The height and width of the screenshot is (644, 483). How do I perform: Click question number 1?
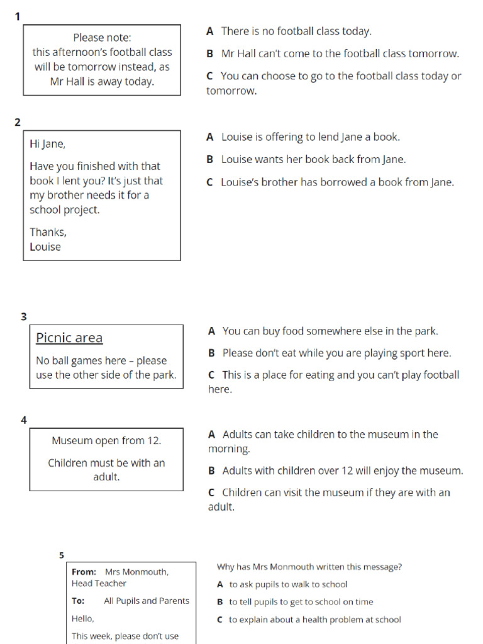click(x=18, y=16)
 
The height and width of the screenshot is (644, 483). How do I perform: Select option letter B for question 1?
click(x=210, y=54)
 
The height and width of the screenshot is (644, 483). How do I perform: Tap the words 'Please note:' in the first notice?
click(x=102, y=38)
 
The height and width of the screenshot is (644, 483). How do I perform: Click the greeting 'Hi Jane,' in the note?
click(x=47, y=144)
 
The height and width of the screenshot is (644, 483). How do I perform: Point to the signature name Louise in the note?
click(x=45, y=247)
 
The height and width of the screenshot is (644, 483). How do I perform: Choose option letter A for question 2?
click(x=210, y=137)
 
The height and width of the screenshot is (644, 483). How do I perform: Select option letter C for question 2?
click(x=210, y=183)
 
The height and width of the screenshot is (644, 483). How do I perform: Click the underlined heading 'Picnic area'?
click(x=69, y=338)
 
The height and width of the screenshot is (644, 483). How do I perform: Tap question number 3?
click(x=24, y=317)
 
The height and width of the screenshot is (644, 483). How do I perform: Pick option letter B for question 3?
click(x=212, y=353)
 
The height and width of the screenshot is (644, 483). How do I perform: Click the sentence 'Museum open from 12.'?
click(x=106, y=441)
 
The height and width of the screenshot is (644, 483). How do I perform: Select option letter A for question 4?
click(x=212, y=435)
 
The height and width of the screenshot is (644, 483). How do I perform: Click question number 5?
click(x=62, y=555)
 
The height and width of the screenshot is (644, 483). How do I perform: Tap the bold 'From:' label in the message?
click(x=84, y=572)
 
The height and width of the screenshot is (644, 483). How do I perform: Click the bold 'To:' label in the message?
click(x=78, y=601)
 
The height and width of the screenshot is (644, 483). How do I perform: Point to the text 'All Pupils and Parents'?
click(x=147, y=601)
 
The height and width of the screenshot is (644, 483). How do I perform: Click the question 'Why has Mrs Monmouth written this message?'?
click(x=309, y=567)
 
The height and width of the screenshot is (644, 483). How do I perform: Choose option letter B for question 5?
click(x=220, y=602)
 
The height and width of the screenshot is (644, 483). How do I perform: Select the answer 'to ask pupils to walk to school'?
click(x=288, y=584)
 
